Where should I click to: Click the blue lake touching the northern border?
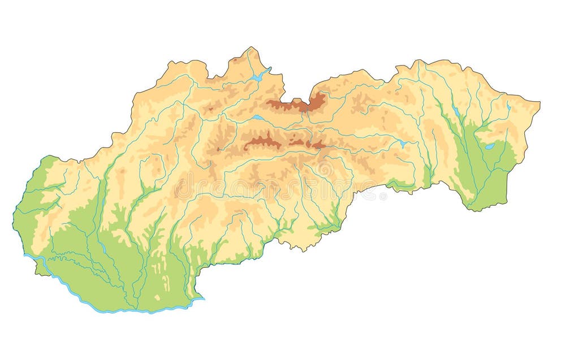[258, 77]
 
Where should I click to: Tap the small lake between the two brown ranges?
[258, 118]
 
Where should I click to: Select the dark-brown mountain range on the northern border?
[299, 104]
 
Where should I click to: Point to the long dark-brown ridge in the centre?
[263, 142]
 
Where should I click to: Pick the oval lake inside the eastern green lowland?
[490, 146]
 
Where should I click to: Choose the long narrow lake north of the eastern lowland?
[455, 111]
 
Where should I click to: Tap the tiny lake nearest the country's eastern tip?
[508, 106]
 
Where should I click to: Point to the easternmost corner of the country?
[540, 103]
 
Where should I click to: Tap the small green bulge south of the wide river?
[41, 270]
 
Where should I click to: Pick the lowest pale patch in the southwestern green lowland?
[157, 296]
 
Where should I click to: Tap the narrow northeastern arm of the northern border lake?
[267, 70]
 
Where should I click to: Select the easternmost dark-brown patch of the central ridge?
[319, 145]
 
